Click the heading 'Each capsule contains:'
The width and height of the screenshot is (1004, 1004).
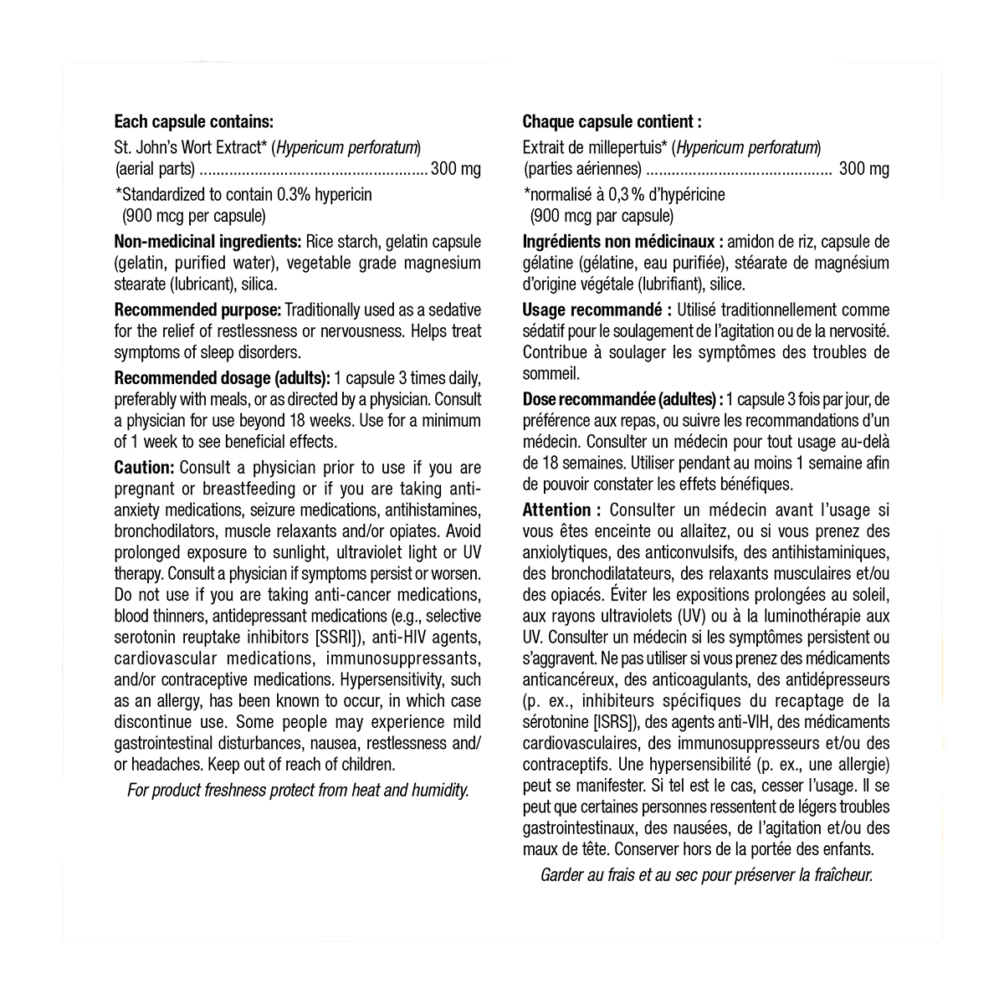pyautogui.click(x=193, y=122)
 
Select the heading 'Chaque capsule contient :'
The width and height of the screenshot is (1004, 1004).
pyautogui.click(x=612, y=122)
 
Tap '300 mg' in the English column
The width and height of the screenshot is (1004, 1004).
pyautogui.click(x=456, y=170)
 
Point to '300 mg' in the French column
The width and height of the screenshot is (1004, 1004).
pyautogui.click(x=864, y=170)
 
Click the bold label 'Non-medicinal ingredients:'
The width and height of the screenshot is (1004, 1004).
pyautogui.click(x=207, y=242)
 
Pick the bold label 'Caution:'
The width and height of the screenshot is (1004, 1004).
pyautogui.click(x=144, y=468)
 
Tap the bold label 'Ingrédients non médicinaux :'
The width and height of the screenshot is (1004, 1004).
pyautogui.click(x=622, y=242)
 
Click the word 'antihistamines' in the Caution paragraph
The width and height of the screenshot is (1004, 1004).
pyautogui.click(x=430, y=510)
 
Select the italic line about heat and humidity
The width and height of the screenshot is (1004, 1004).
pyautogui.click(x=298, y=791)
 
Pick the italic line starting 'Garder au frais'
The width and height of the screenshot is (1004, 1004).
pyautogui.click(x=707, y=876)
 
